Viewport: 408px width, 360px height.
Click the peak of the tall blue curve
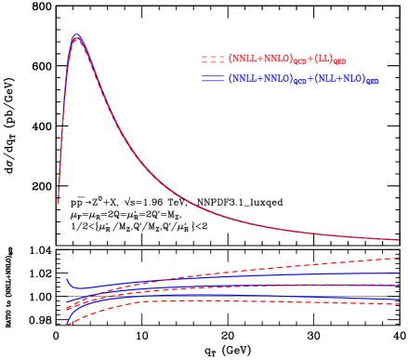tap(76, 35)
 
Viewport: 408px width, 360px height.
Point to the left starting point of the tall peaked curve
tap(59, 201)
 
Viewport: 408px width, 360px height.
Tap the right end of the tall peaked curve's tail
tap(399, 240)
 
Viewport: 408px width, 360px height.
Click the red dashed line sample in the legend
tap(213, 59)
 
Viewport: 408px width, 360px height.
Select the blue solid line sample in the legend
tap(213, 79)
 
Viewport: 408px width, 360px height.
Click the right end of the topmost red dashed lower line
tap(399, 258)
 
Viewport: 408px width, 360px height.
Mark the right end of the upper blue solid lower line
tap(399, 273)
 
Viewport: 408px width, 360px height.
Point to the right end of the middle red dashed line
tap(399, 285)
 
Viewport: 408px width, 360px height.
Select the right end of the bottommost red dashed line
tap(399, 302)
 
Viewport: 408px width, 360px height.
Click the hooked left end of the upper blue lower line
tap(67, 279)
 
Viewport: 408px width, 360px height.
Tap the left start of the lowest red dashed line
tap(67, 325)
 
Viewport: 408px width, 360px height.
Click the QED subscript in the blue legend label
tap(372, 83)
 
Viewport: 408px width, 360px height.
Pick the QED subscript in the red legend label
tap(340, 62)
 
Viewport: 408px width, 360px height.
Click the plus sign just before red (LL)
tap(309, 59)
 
